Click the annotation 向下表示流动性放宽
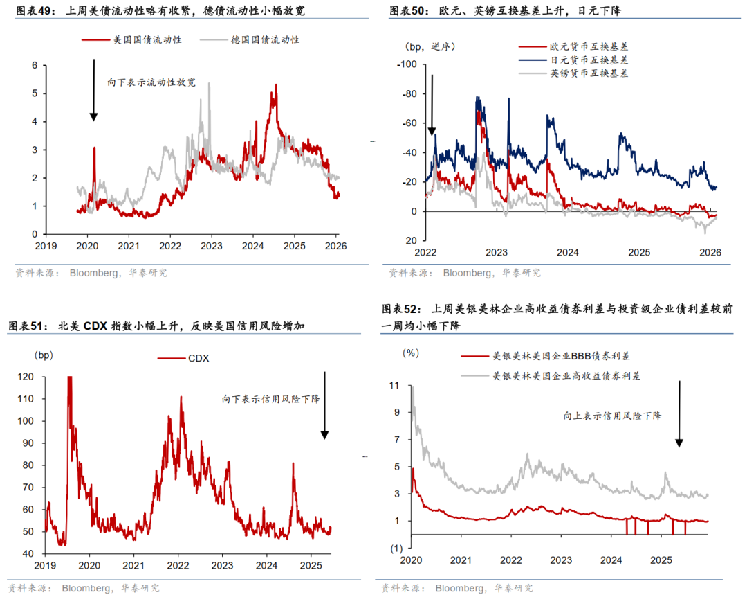pyautogui.click(x=151, y=82)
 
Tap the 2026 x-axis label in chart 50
pyautogui.click(x=710, y=253)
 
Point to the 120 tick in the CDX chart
pyautogui.click(x=26, y=377)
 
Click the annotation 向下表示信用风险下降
pyautogui.click(x=270, y=399)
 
